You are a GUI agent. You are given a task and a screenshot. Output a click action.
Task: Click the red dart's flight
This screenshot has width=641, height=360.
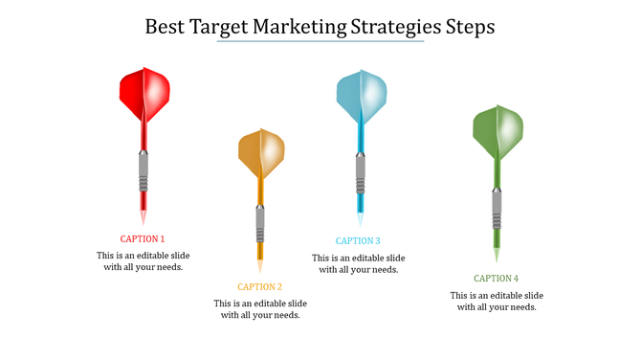point(144,93)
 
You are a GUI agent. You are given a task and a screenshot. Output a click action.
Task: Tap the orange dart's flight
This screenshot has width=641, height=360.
point(261,153)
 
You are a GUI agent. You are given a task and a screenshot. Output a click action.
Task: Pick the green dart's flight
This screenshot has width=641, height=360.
point(497,132)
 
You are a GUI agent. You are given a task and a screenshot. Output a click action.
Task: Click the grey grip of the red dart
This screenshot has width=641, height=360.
point(144,173)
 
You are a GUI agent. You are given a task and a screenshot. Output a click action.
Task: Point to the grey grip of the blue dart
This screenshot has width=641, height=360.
point(361,173)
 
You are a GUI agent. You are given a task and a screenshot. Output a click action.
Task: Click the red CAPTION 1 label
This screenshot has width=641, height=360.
point(143,238)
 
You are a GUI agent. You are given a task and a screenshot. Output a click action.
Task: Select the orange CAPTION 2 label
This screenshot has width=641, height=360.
point(260,286)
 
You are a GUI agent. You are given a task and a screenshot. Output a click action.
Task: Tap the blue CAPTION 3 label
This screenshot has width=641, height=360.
point(358,241)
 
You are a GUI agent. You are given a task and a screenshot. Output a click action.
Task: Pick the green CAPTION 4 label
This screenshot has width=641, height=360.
point(497,279)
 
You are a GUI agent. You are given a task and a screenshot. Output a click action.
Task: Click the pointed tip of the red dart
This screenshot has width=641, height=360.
point(144,219)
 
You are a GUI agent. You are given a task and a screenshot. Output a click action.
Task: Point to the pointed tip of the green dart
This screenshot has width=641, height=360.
point(497,256)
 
